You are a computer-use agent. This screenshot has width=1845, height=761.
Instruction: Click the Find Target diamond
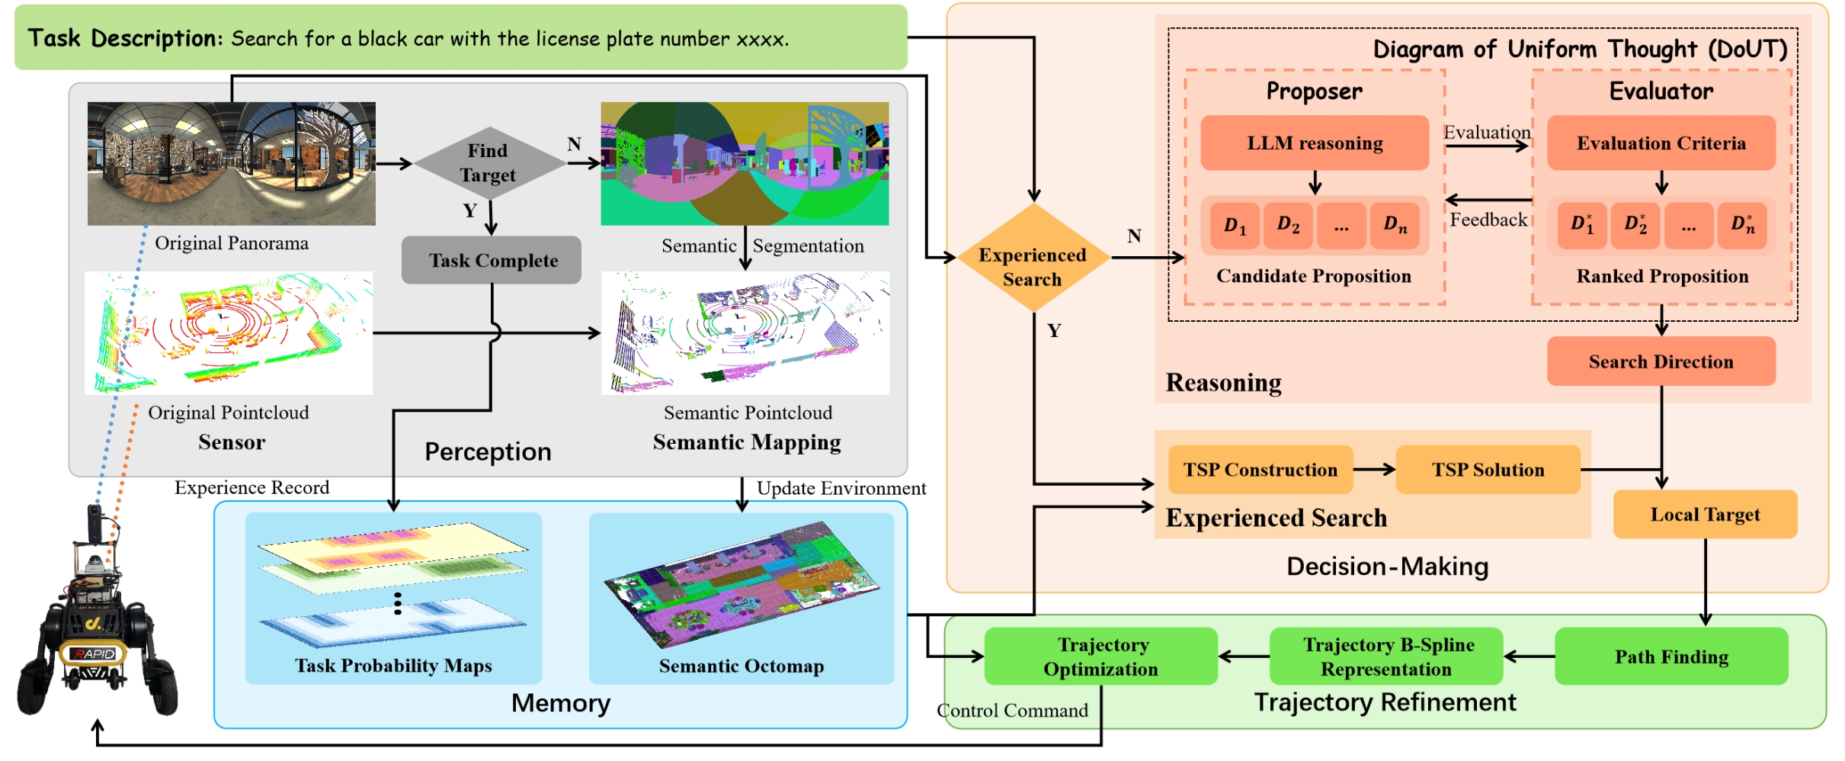(488, 163)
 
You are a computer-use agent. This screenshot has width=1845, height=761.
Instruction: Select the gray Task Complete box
(492, 260)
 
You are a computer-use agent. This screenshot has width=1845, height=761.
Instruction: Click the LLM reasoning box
(1315, 143)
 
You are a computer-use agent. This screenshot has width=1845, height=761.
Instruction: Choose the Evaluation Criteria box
(1661, 143)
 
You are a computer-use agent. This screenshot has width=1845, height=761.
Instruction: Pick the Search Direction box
(1661, 361)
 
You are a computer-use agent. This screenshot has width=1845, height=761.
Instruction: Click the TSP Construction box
(1260, 470)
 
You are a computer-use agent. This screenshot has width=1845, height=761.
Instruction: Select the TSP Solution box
(1488, 470)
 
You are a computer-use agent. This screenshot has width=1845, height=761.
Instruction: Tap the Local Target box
(1705, 515)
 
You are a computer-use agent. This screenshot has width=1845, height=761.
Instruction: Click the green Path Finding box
(1671, 657)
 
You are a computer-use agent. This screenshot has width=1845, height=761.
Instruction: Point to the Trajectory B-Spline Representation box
(1386, 657)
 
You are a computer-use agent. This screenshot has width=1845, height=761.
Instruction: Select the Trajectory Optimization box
(1100, 657)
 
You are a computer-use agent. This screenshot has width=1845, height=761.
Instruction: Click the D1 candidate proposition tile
(1235, 225)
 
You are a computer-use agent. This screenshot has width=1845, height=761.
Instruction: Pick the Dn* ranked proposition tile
(1742, 225)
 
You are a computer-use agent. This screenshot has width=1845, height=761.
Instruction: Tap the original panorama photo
(231, 163)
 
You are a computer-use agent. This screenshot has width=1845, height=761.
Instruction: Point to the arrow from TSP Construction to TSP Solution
(1374, 470)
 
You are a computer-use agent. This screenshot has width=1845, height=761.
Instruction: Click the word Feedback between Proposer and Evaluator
(1488, 220)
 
